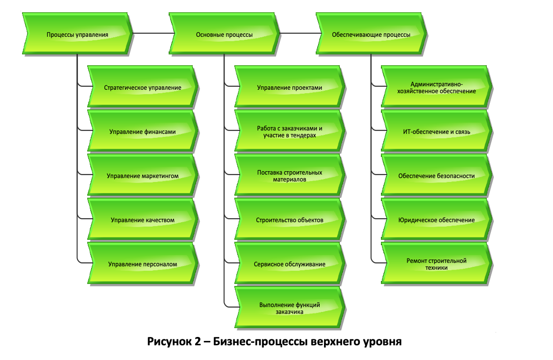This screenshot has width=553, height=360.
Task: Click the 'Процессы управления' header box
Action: click(x=77, y=34)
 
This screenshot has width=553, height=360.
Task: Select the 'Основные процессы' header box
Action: click(x=225, y=34)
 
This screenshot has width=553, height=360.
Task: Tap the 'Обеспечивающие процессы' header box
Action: click(x=371, y=34)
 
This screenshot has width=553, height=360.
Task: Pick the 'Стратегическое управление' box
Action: click(x=143, y=88)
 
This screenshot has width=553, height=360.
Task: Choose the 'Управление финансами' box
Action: click(x=143, y=131)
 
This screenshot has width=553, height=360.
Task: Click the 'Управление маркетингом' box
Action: click(x=143, y=176)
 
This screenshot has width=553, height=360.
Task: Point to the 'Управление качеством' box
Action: click(x=143, y=220)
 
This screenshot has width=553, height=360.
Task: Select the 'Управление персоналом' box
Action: click(x=143, y=264)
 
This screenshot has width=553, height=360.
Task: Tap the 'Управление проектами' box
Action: click(x=290, y=88)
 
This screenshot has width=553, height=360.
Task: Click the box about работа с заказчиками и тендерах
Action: click(x=290, y=131)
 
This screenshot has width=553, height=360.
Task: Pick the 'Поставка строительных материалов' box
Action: click(x=290, y=176)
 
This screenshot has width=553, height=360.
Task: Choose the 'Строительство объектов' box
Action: click(x=290, y=220)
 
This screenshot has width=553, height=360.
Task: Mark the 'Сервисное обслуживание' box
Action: click(x=290, y=264)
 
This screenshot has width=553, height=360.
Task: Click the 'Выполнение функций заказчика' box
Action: click(x=290, y=308)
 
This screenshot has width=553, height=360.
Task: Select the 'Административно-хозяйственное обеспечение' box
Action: click(x=436, y=88)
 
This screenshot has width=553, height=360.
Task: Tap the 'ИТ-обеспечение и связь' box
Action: click(x=436, y=131)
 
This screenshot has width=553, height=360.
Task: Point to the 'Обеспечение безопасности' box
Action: click(x=436, y=176)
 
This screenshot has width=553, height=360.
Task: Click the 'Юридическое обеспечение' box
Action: click(x=436, y=220)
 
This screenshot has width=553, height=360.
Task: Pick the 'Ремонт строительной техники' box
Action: click(x=436, y=264)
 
